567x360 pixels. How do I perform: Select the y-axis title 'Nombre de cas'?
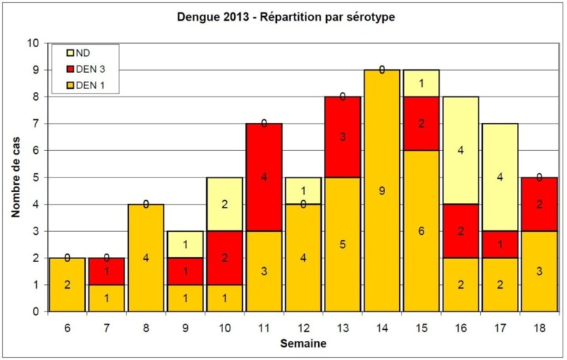pyautogui.click(x=16, y=177)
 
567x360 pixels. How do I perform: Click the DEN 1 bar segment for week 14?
pyautogui.click(x=381, y=191)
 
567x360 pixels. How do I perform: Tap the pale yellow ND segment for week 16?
pyautogui.click(x=459, y=150)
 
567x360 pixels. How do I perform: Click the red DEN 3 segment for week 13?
pyautogui.click(x=343, y=137)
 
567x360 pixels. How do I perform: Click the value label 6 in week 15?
pyautogui.click(x=420, y=230)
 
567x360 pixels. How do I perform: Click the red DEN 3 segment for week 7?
pyautogui.click(x=106, y=271)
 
